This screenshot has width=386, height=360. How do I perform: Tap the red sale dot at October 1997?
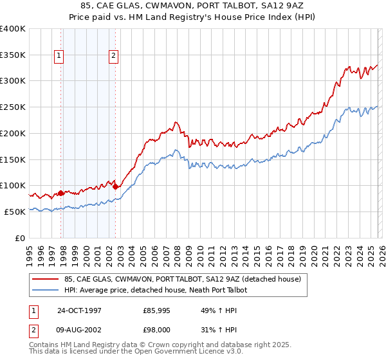[x=61, y=192]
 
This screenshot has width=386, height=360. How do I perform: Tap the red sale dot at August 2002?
[x=116, y=186]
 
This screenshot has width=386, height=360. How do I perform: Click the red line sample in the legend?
[x=46, y=280]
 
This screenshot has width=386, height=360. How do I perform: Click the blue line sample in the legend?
[x=46, y=291]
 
